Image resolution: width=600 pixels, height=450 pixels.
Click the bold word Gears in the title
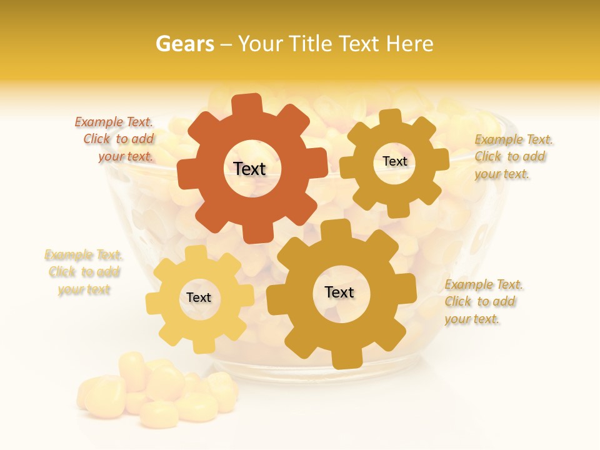coord(184,44)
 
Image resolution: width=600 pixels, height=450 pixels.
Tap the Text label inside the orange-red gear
coord(249,169)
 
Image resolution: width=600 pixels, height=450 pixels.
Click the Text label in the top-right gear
coord(394,161)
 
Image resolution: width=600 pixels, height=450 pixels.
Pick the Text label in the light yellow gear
coord(199,297)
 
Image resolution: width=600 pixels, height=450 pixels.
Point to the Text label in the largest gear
coord(339,292)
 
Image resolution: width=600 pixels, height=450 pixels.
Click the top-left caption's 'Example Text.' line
coord(114,122)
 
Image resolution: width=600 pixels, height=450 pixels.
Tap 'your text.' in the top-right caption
coord(502,174)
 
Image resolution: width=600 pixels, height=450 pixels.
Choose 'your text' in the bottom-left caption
coord(84,289)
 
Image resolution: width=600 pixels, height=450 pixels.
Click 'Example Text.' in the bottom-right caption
coord(484,284)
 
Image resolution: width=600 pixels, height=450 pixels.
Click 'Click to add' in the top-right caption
coord(509,156)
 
